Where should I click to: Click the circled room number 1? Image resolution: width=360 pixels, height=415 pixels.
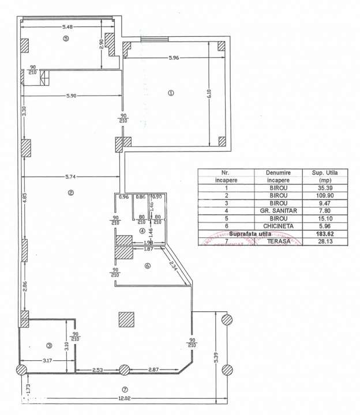(x=170, y=93)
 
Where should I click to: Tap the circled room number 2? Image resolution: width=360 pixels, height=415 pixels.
(x=70, y=193)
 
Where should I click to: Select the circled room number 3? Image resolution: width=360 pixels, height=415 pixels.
(x=49, y=345)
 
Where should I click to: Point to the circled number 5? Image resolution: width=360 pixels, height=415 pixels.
(x=66, y=39)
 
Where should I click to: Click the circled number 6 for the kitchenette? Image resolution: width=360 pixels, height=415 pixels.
(x=147, y=266)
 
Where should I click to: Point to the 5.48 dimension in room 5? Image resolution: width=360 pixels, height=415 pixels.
(x=68, y=27)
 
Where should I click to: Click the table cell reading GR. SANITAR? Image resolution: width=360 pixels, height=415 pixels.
(x=278, y=211)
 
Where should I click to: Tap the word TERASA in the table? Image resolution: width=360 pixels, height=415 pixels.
(x=278, y=242)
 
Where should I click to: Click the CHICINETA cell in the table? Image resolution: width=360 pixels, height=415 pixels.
(x=278, y=227)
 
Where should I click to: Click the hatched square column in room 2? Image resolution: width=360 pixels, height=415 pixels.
(x=126, y=319)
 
